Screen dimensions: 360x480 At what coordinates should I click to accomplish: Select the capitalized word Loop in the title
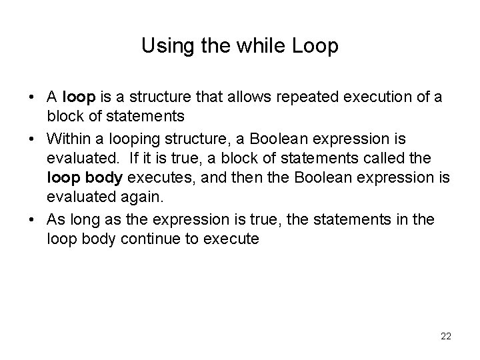(x=315, y=46)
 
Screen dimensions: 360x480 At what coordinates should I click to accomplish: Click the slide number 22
(x=445, y=336)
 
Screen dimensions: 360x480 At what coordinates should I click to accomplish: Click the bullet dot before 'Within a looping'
(x=33, y=139)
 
